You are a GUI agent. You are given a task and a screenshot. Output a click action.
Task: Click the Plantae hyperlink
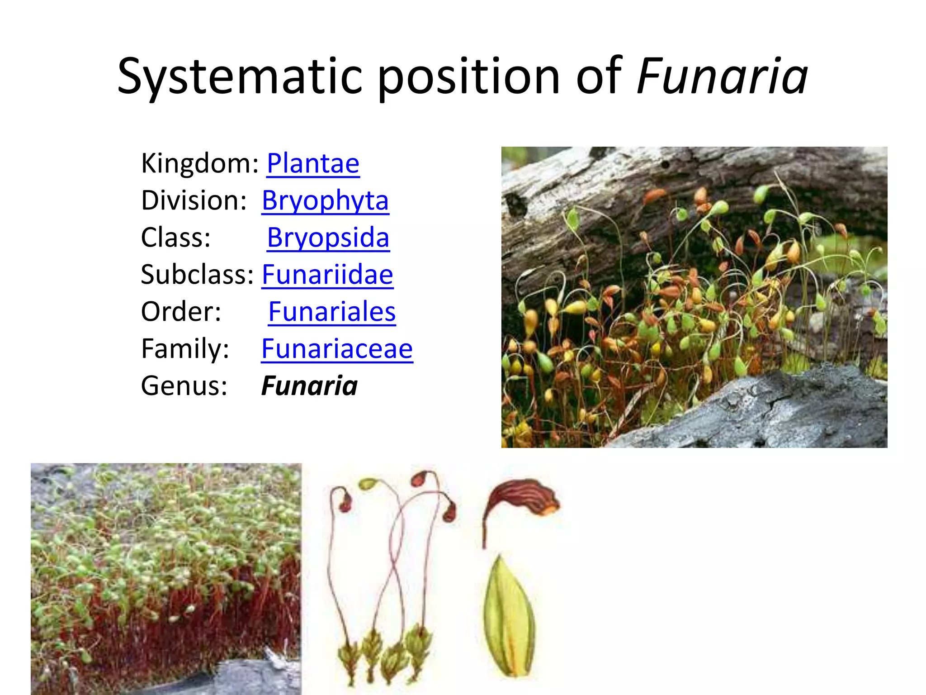coord(313,163)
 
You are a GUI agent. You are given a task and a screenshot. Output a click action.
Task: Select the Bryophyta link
coord(325,200)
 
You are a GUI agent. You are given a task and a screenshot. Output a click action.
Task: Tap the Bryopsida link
coord(328,238)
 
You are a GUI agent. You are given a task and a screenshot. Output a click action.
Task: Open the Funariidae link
coord(327,275)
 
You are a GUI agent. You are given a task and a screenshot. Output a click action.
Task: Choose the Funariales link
coord(332,312)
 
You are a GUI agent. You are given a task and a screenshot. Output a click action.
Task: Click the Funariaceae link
coord(337,349)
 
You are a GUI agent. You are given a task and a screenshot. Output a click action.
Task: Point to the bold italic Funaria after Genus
coord(309,386)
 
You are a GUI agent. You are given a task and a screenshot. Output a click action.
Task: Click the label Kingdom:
coord(199,163)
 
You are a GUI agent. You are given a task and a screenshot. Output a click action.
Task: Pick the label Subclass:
coord(197,275)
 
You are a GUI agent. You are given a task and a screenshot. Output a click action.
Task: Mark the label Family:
coord(185,349)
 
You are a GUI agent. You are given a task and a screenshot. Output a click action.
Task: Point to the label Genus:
coord(184,386)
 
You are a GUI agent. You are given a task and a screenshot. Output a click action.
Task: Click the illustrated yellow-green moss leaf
coord(509,618)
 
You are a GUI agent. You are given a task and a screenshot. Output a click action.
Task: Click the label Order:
coord(181,312)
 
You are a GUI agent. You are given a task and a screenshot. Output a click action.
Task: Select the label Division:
coord(194,200)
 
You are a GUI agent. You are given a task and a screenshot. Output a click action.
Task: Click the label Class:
coord(175,238)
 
